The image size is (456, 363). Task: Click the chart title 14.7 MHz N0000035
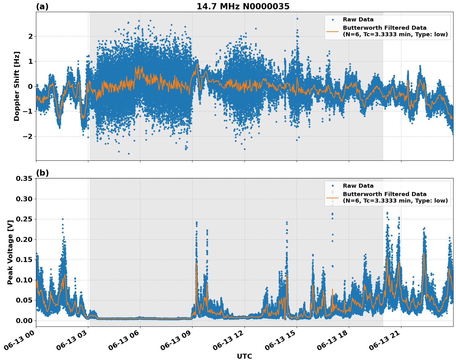[x=243, y=7]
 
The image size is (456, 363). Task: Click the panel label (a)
[x=42, y=7]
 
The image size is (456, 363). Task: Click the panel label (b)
[x=42, y=173]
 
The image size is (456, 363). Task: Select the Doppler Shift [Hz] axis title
[x=17, y=86]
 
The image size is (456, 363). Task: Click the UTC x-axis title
[x=244, y=356]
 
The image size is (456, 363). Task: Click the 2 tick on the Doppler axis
[x=30, y=36]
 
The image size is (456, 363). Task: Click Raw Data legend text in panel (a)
[x=358, y=20]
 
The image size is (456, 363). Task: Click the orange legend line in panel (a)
[x=333, y=31]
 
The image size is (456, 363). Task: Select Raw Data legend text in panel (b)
[x=358, y=186]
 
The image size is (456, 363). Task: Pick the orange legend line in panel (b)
[x=333, y=197]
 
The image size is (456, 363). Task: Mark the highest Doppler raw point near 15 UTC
[x=297, y=19]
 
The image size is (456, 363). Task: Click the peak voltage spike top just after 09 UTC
[x=197, y=222]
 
